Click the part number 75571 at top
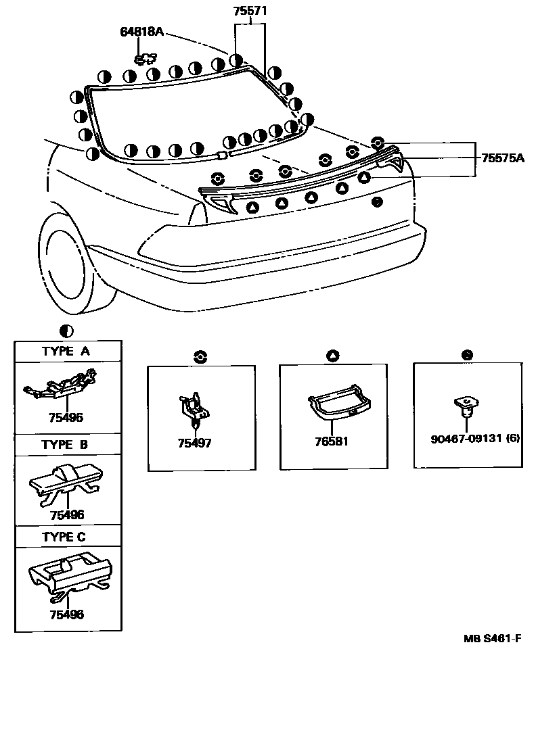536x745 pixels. (x=250, y=11)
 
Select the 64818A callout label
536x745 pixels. (x=142, y=32)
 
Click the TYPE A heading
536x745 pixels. (x=66, y=352)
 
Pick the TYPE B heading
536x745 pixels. (x=65, y=445)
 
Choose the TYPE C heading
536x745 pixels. (x=65, y=537)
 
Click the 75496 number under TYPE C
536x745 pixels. (x=66, y=615)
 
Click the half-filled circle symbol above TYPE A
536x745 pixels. (x=66, y=331)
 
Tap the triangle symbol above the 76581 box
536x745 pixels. (x=332, y=355)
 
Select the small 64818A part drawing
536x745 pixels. (x=146, y=59)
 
